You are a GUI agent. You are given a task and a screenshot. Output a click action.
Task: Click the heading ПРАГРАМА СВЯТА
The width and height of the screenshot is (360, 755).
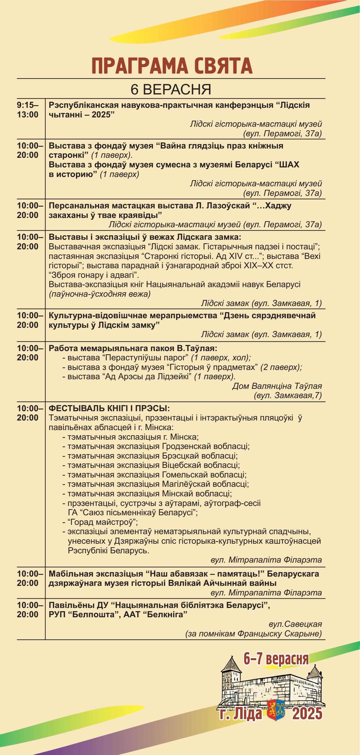click(x=172, y=66)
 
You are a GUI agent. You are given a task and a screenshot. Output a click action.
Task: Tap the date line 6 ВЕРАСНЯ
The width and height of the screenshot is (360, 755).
click(x=171, y=90)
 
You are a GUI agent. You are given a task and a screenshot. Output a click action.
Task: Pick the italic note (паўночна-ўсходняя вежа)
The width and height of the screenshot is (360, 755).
click(x=100, y=294)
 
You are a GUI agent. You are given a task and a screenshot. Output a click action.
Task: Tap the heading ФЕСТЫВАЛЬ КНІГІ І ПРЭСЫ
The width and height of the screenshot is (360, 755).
click(x=109, y=408)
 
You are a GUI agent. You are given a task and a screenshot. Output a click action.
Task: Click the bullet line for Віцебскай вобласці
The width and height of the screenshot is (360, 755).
click(x=154, y=466)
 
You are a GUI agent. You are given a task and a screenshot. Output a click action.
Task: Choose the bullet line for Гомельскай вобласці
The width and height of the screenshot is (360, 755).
click(x=157, y=475)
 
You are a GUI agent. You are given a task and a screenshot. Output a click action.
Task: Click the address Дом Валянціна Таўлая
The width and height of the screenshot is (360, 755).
click(x=277, y=386)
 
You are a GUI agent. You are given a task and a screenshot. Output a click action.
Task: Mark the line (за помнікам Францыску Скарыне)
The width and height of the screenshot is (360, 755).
click(x=254, y=634)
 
